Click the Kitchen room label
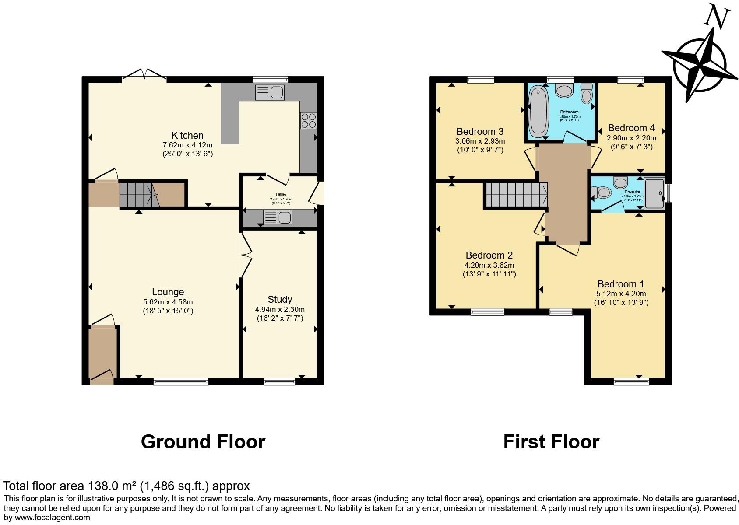point(187,135)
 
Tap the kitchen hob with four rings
point(308,120)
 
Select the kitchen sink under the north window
point(270,92)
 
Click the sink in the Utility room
point(278,217)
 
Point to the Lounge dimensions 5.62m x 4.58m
point(168,302)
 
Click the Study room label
point(280,299)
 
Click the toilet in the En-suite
point(602,192)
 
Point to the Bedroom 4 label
point(631,128)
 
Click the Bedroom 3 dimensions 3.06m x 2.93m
point(480,141)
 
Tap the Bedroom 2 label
point(489,255)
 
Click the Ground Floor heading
point(203,442)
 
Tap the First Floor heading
point(551,442)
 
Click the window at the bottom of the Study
point(279,382)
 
